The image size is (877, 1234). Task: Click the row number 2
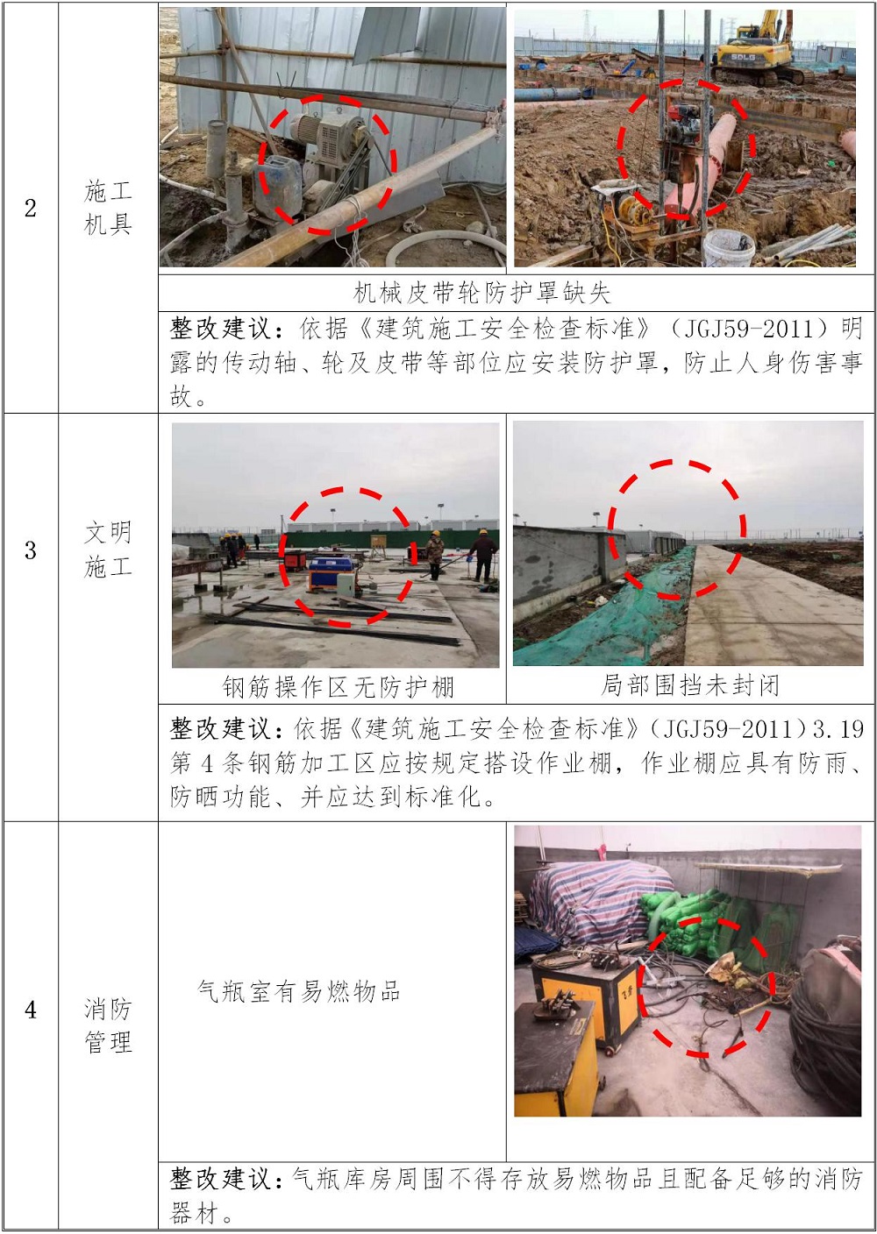tap(31, 209)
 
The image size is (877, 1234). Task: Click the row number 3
tap(31, 550)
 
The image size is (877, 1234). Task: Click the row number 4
tap(31, 1010)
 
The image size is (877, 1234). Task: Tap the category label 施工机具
tap(108, 208)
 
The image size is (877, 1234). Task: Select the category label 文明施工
tap(108, 550)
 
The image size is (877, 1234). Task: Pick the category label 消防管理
tap(108, 1025)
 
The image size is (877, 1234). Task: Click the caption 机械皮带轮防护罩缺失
tap(481, 293)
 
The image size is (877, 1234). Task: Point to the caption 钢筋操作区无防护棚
tap(338, 686)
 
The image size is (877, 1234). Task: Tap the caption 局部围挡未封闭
tap(689, 685)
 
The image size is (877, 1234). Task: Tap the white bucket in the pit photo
tap(728, 248)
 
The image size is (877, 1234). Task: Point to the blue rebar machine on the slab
tap(332, 573)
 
